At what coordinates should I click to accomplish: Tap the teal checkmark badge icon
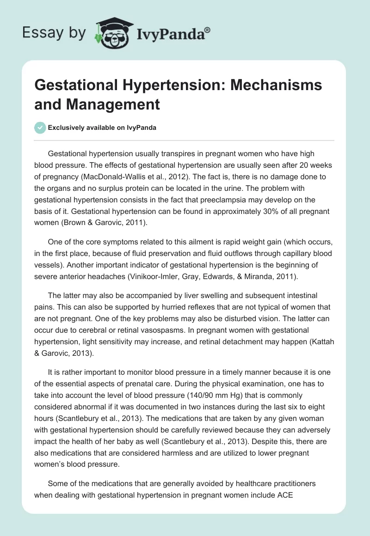tap(40, 128)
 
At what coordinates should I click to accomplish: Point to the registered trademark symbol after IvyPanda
tap(207, 30)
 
